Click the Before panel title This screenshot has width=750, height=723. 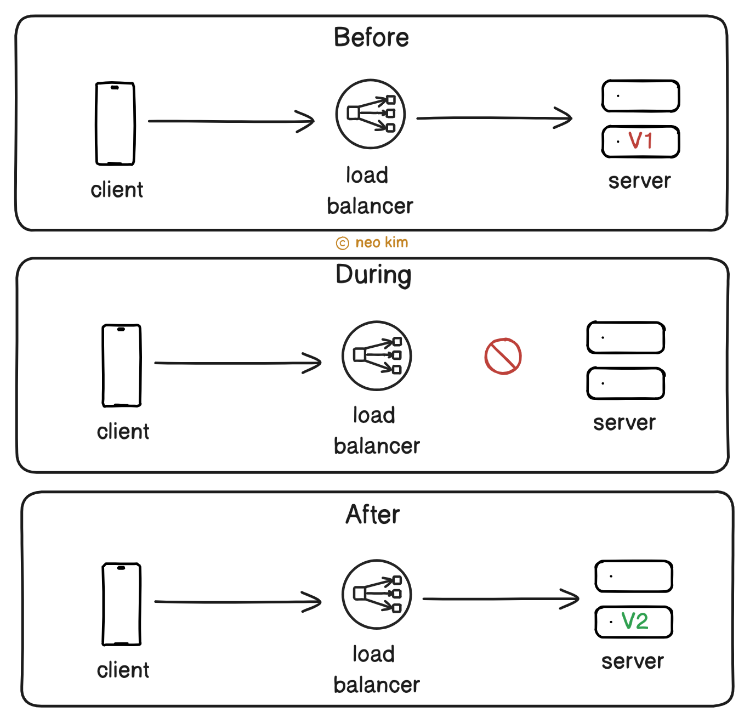point(371,38)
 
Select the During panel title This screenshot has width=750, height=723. point(373,275)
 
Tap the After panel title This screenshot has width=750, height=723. point(373,515)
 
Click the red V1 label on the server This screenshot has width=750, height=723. point(640,141)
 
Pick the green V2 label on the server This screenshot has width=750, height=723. point(635,622)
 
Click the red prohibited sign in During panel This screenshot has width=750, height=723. point(503,357)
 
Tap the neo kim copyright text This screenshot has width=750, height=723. point(373,242)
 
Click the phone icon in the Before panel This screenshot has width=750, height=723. point(115,123)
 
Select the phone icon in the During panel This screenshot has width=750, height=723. point(122,365)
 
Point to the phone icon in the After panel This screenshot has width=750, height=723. point(122,604)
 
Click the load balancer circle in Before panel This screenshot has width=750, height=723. point(370,114)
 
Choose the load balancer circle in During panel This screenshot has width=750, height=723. point(377,355)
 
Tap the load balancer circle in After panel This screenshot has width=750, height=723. point(377,594)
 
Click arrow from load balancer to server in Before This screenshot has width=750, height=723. point(493,118)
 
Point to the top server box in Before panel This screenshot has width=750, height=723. point(640,96)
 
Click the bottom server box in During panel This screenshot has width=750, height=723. point(626,383)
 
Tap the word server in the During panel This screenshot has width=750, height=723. point(624,423)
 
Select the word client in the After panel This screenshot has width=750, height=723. point(123,670)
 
